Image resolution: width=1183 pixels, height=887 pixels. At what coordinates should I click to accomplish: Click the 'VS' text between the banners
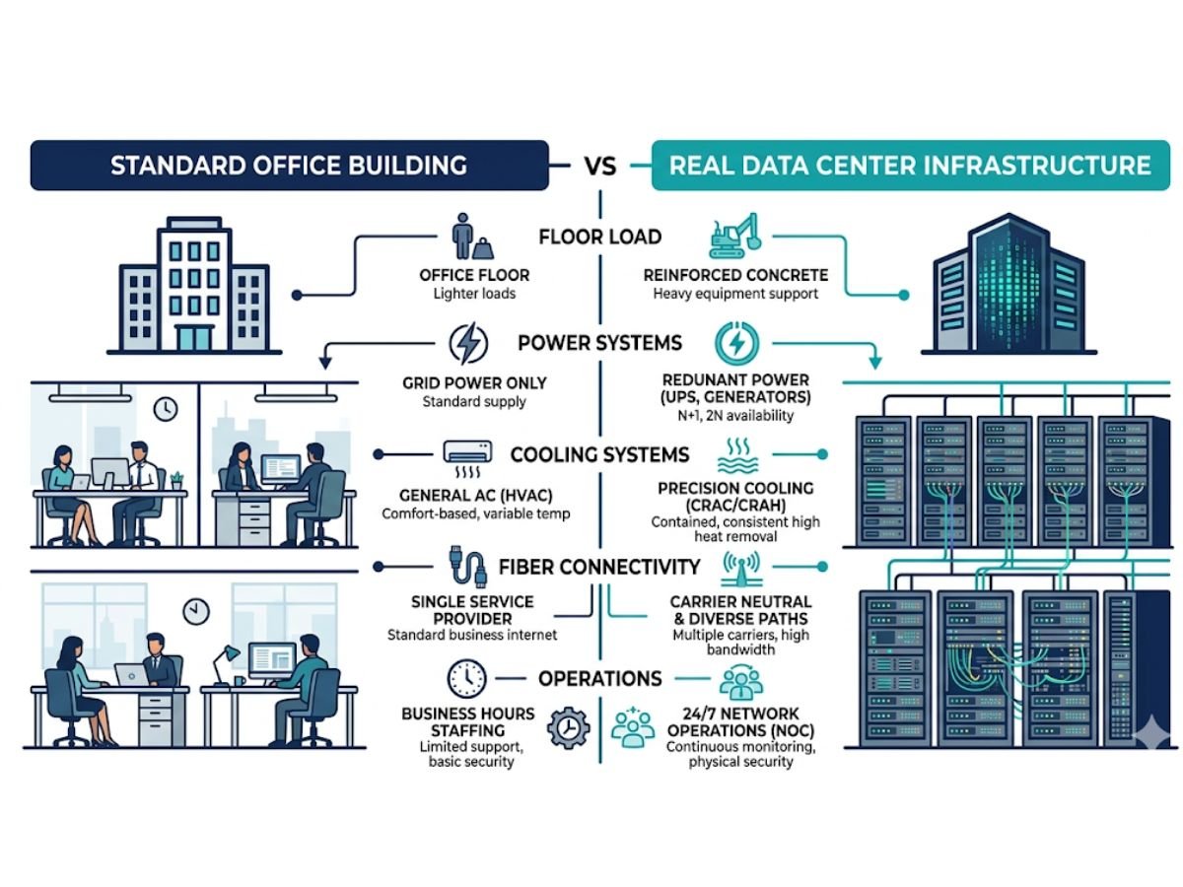pyautogui.click(x=599, y=165)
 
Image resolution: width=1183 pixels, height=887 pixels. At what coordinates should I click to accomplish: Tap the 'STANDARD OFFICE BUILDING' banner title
pyautogui.click(x=289, y=165)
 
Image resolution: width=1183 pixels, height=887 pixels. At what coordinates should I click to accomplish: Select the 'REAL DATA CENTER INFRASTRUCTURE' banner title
pyautogui.click(x=910, y=164)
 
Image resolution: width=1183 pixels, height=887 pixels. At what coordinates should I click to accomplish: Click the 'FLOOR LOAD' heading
pyautogui.click(x=600, y=238)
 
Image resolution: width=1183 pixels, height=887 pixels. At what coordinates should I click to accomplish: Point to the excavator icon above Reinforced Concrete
pyautogui.click(x=734, y=237)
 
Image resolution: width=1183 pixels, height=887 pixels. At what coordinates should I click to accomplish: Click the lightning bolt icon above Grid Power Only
pyautogui.click(x=467, y=344)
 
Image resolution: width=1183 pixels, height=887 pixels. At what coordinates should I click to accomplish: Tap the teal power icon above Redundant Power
pyautogui.click(x=735, y=343)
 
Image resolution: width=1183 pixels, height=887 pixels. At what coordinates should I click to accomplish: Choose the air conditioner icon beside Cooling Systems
pyautogui.click(x=470, y=453)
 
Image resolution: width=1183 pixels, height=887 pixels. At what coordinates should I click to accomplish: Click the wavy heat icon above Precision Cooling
pyautogui.click(x=736, y=456)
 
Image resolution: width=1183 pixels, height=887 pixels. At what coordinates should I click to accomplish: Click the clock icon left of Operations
pyautogui.click(x=466, y=678)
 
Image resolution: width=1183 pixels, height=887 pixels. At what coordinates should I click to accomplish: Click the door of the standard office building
pyautogui.click(x=193, y=337)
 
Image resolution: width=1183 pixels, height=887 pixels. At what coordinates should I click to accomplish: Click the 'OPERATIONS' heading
pyautogui.click(x=599, y=679)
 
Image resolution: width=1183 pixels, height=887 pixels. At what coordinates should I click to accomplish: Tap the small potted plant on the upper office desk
pyautogui.click(x=176, y=480)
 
